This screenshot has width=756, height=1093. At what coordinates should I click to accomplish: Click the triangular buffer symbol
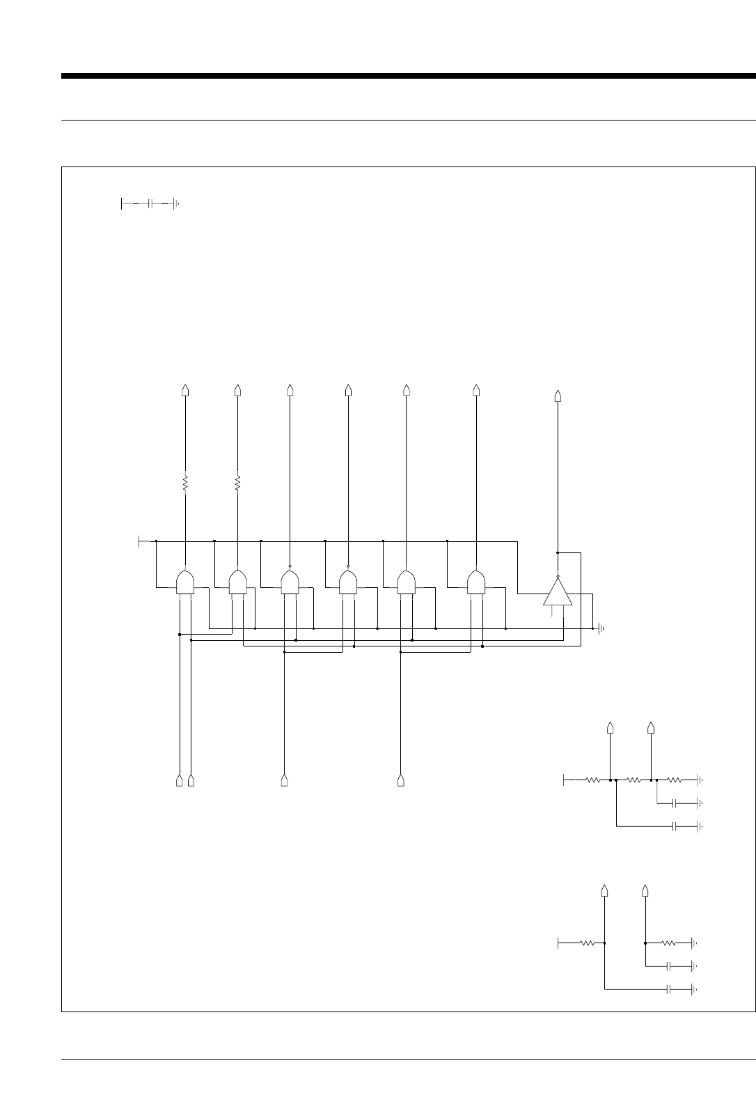pyautogui.click(x=558, y=592)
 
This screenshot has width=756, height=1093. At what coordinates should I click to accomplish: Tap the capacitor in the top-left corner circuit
pyautogui.click(x=150, y=203)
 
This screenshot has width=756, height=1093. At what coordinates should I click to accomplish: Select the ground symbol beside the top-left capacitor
pyautogui.click(x=175, y=203)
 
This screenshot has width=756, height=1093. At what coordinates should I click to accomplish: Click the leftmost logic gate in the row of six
pyautogui.click(x=185, y=582)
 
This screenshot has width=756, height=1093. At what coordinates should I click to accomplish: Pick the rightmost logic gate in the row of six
pyautogui.click(x=476, y=582)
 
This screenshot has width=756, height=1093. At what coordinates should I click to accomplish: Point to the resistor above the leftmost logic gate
pyautogui.click(x=185, y=482)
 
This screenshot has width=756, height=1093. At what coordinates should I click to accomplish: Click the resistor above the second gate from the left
pyautogui.click(x=237, y=482)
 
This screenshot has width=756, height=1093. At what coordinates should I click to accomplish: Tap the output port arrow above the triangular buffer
pyautogui.click(x=557, y=396)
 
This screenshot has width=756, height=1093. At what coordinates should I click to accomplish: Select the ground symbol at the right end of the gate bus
pyautogui.click(x=601, y=628)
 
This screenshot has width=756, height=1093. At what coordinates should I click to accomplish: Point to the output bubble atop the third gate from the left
pyautogui.click(x=290, y=566)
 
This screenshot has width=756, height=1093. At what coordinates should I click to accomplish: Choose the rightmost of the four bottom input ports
pyautogui.click(x=400, y=780)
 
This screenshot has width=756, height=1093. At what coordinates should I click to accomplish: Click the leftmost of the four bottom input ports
pyautogui.click(x=180, y=780)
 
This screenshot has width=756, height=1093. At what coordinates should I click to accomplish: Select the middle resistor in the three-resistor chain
pyautogui.click(x=633, y=780)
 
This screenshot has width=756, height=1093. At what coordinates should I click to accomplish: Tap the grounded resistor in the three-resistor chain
pyautogui.click(x=675, y=780)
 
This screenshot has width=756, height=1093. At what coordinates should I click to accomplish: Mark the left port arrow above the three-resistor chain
pyautogui.click(x=611, y=728)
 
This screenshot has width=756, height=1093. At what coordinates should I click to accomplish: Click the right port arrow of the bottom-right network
pyautogui.click(x=645, y=890)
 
